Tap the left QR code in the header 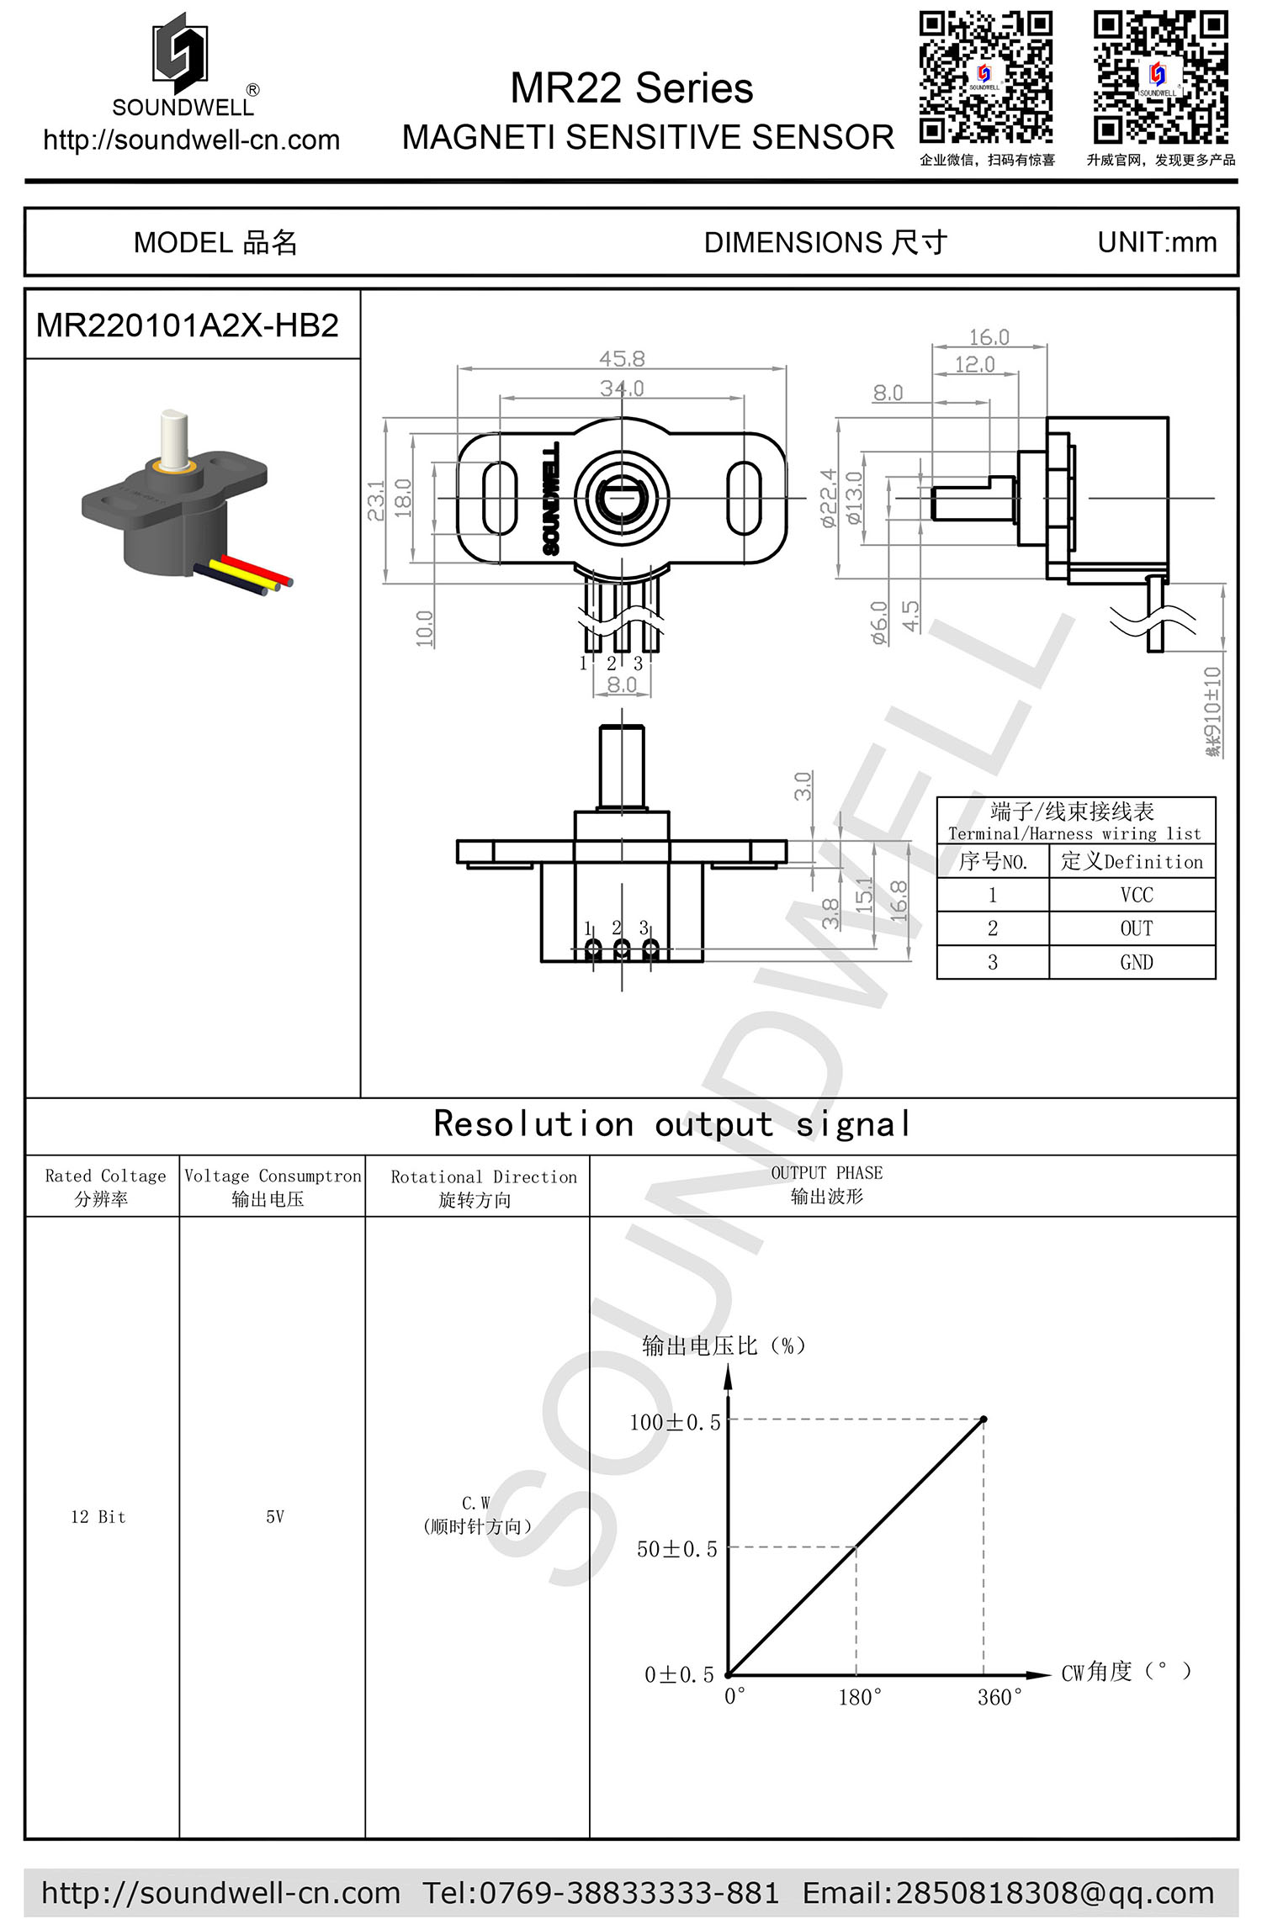click(985, 77)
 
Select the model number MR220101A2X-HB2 click(187, 325)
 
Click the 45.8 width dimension click(622, 359)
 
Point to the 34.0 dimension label click(622, 389)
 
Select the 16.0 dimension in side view click(989, 337)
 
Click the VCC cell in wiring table click(1136, 895)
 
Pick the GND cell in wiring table click(1136, 962)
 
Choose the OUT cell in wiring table click(1136, 928)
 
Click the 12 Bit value click(98, 1517)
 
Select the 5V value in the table click(275, 1517)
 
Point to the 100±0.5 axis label click(675, 1423)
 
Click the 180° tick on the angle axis click(859, 1697)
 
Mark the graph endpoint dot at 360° click(984, 1419)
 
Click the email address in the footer click(1008, 1892)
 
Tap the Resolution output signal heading click(671, 1124)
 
